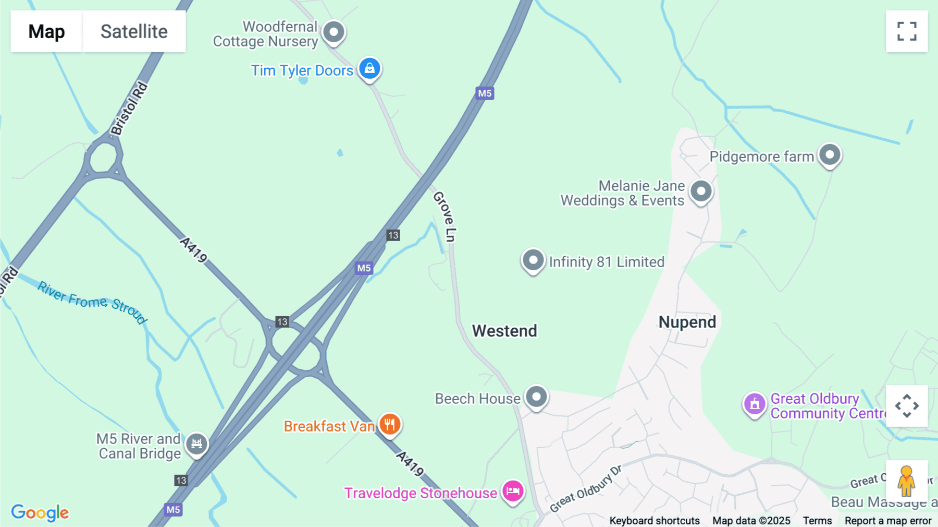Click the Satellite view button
pyautogui.click(x=134, y=31)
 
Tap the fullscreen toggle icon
pyautogui.click(x=907, y=31)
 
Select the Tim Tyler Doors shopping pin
pyautogui.click(x=369, y=68)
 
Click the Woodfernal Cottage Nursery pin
pyautogui.click(x=334, y=32)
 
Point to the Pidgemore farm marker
pyautogui.click(x=830, y=154)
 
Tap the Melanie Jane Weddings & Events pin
pyautogui.click(x=701, y=191)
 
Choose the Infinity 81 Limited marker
pyautogui.click(x=533, y=260)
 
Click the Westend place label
pyautogui.click(x=504, y=331)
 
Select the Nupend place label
pyautogui.click(x=687, y=322)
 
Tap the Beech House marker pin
pyautogui.click(x=536, y=397)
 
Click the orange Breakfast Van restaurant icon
pyautogui.click(x=390, y=424)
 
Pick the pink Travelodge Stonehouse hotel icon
pyautogui.click(x=513, y=491)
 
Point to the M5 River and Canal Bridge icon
pyautogui.click(x=196, y=444)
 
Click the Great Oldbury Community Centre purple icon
pyautogui.click(x=754, y=404)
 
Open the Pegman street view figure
pyautogui.click(x=907, y=481)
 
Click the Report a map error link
pyautogui.click(x=888, y=521)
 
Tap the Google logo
pyautogui.click(x=40, y=512)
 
